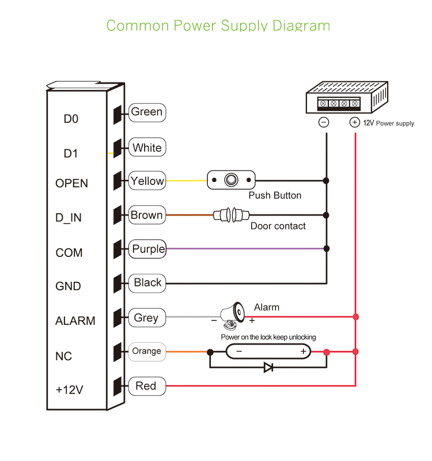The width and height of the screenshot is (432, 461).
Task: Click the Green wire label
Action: pos(147,112)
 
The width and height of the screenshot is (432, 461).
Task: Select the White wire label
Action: pos(147,148)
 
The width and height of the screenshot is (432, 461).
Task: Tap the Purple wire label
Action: pos(148,249)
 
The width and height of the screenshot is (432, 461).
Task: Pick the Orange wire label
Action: pos(146,351)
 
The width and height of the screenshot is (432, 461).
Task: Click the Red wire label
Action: pos(146,386)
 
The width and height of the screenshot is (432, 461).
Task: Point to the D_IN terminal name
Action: pos(69,218)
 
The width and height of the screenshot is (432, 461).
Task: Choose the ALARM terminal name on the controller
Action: pos(75,321)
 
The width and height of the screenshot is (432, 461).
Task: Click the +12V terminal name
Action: pos(69,390)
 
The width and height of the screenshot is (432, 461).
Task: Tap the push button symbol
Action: pos(230,180)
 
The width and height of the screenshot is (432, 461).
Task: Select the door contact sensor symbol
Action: pos(230,215)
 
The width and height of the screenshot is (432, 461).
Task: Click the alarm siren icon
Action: pos(234,313)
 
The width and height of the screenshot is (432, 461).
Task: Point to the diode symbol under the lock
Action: pos(268,367)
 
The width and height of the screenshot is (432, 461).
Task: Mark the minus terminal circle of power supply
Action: pos(324,122)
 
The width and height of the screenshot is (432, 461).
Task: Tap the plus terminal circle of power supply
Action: pos(355,122)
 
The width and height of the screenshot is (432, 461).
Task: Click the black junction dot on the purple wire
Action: pos(327,249)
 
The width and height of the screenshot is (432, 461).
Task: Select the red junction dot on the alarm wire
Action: pos(356,316)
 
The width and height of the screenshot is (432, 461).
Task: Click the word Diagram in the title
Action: pos(301,25)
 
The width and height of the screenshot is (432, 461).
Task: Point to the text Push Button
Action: pos(275,195)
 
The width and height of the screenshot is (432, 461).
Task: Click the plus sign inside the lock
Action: pos(303,351)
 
